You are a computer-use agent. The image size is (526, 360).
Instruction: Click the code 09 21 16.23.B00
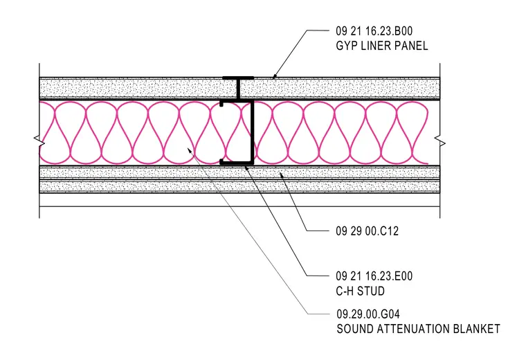coord(374,31)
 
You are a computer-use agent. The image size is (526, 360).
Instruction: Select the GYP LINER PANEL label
coord(382,46)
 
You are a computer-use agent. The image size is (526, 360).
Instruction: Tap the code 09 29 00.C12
coord(367,231)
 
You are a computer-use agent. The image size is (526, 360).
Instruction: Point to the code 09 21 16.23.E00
coord(374,276)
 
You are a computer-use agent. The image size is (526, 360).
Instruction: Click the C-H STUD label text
coord(361,291)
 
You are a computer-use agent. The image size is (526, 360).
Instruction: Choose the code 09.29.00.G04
coord(368,314)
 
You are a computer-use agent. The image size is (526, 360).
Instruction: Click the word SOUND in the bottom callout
coord(355,329)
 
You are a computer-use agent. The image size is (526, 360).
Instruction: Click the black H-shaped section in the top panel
coord(238,89)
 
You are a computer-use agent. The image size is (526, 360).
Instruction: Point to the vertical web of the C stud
coord(252,132)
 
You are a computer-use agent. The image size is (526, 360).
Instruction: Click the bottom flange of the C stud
coord(237,163)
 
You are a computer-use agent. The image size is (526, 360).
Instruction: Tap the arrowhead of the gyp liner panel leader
coord(274,77)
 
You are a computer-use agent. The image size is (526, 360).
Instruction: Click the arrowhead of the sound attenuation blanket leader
coord(189,150)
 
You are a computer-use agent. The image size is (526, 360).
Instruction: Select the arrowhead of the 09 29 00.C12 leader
coord(281,174)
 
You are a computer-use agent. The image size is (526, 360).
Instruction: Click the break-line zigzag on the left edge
coord(39,141)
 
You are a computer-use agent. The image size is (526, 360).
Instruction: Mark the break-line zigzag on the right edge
coord(439,141)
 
